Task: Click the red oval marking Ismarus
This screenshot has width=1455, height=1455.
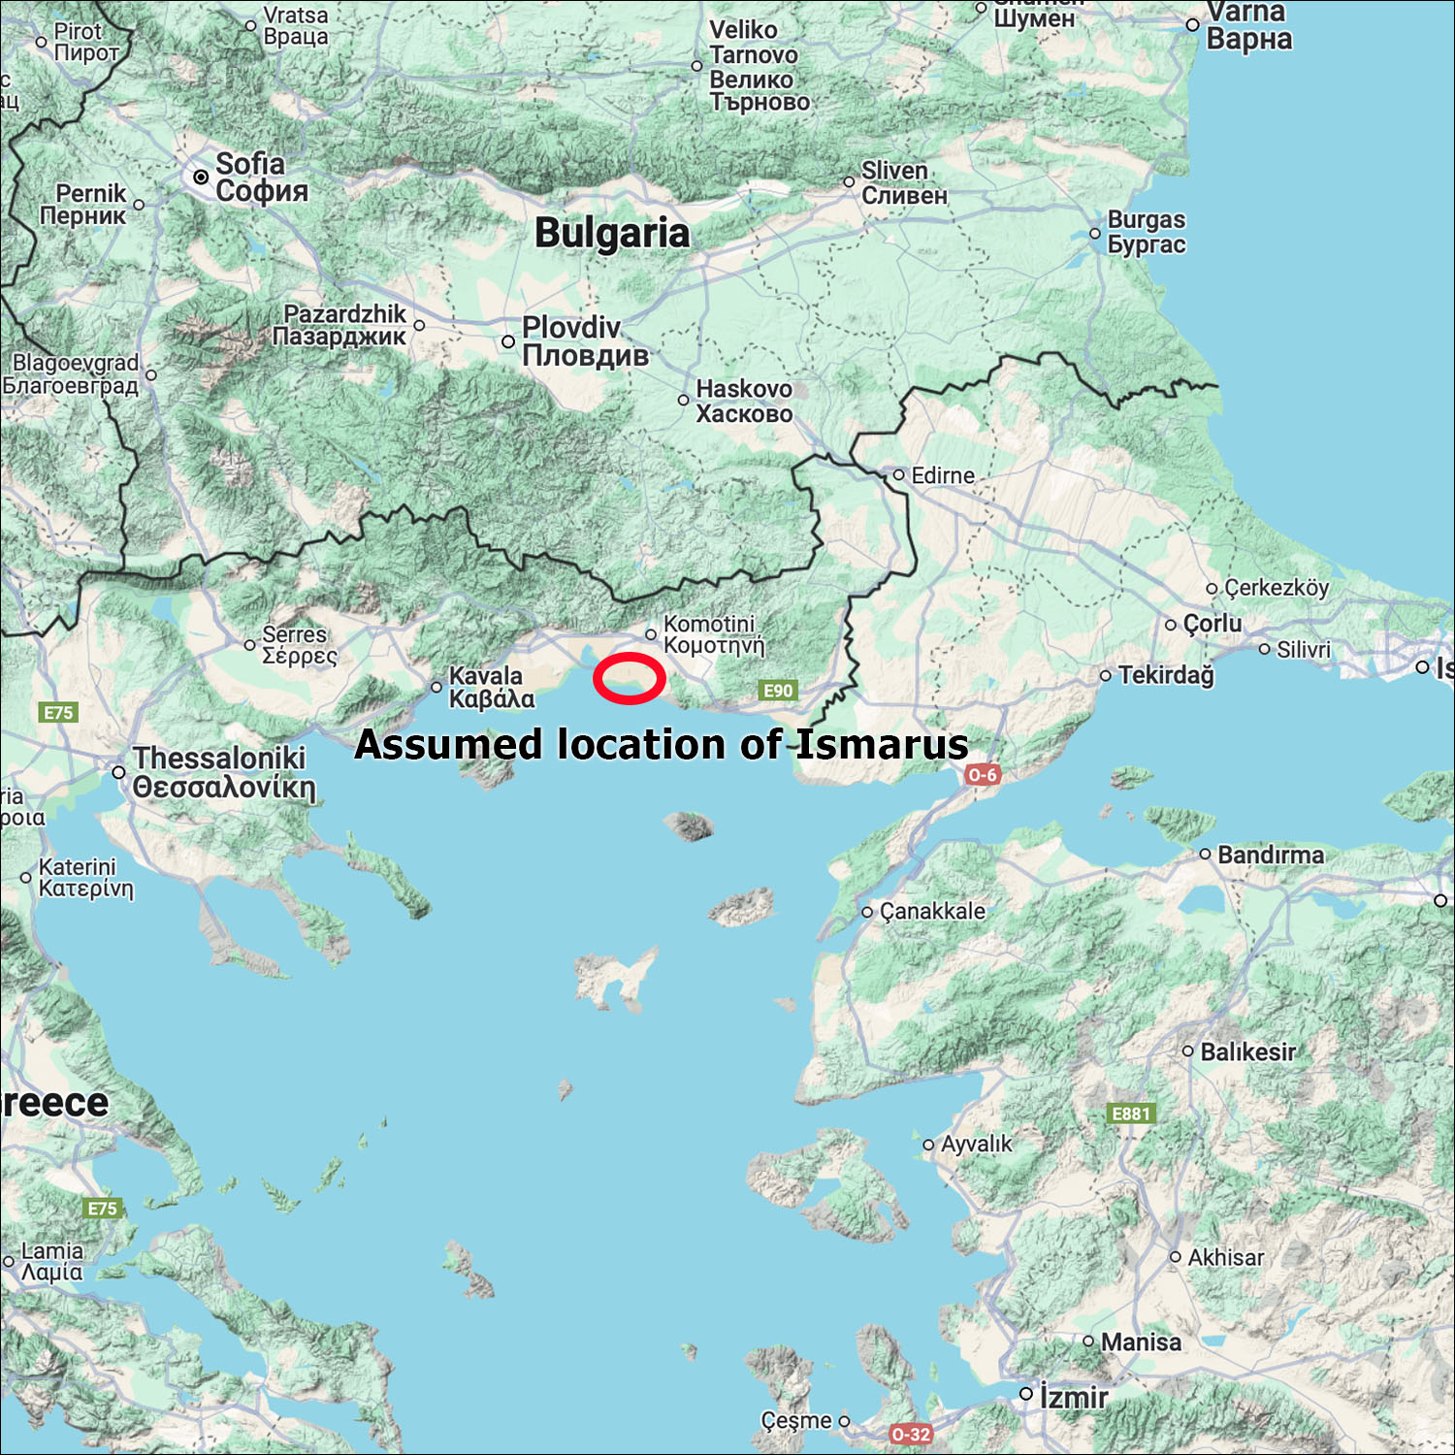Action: click(629, 678)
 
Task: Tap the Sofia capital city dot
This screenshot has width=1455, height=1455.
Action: click(201, 177)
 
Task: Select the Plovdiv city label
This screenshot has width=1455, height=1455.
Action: click(585, 341)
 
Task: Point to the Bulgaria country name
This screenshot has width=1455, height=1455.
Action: click(612, 234)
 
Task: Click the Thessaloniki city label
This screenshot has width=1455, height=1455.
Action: click(224, 772)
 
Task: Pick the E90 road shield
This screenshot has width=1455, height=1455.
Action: click(778, 691)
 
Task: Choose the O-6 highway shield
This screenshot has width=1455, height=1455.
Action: click(983, 774)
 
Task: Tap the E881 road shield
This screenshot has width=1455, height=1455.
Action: click(1131, 1114)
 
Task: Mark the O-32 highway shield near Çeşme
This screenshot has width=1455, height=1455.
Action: click(911, 1434)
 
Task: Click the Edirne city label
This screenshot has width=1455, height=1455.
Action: click(943, 475)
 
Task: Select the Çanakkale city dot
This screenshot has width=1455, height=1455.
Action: click(867, 912)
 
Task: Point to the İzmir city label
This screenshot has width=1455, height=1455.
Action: click(1074, 1398)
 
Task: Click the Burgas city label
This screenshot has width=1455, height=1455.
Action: click(1147, 232)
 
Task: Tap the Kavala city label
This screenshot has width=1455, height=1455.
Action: click(491, 687)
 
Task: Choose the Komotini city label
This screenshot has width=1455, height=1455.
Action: click(713, 634)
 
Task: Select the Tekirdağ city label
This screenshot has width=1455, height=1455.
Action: click(1166, 674)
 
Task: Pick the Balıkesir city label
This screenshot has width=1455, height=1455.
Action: click(1247, 1051)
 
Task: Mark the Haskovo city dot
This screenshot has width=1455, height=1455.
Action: click(684, 400)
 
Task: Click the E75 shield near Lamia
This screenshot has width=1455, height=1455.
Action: click(102, 1209)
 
